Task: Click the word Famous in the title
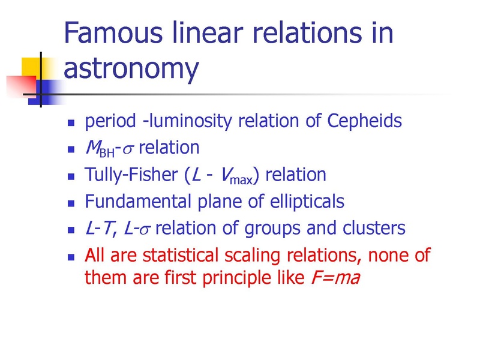point(113,32)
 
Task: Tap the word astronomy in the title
point(131,68)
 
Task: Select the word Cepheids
point(364,121)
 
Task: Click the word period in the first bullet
point(110,121)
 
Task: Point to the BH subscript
point(107,152)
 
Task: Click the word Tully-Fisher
point(131,175)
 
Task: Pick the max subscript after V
point(241,180)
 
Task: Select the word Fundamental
point(138,202)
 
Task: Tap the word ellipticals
point(307,202)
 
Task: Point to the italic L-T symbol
point(99,229)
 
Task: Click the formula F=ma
point(335,278)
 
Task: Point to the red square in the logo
point(21,86)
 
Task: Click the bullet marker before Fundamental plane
point(71,203)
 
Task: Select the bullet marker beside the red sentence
point(71,257)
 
